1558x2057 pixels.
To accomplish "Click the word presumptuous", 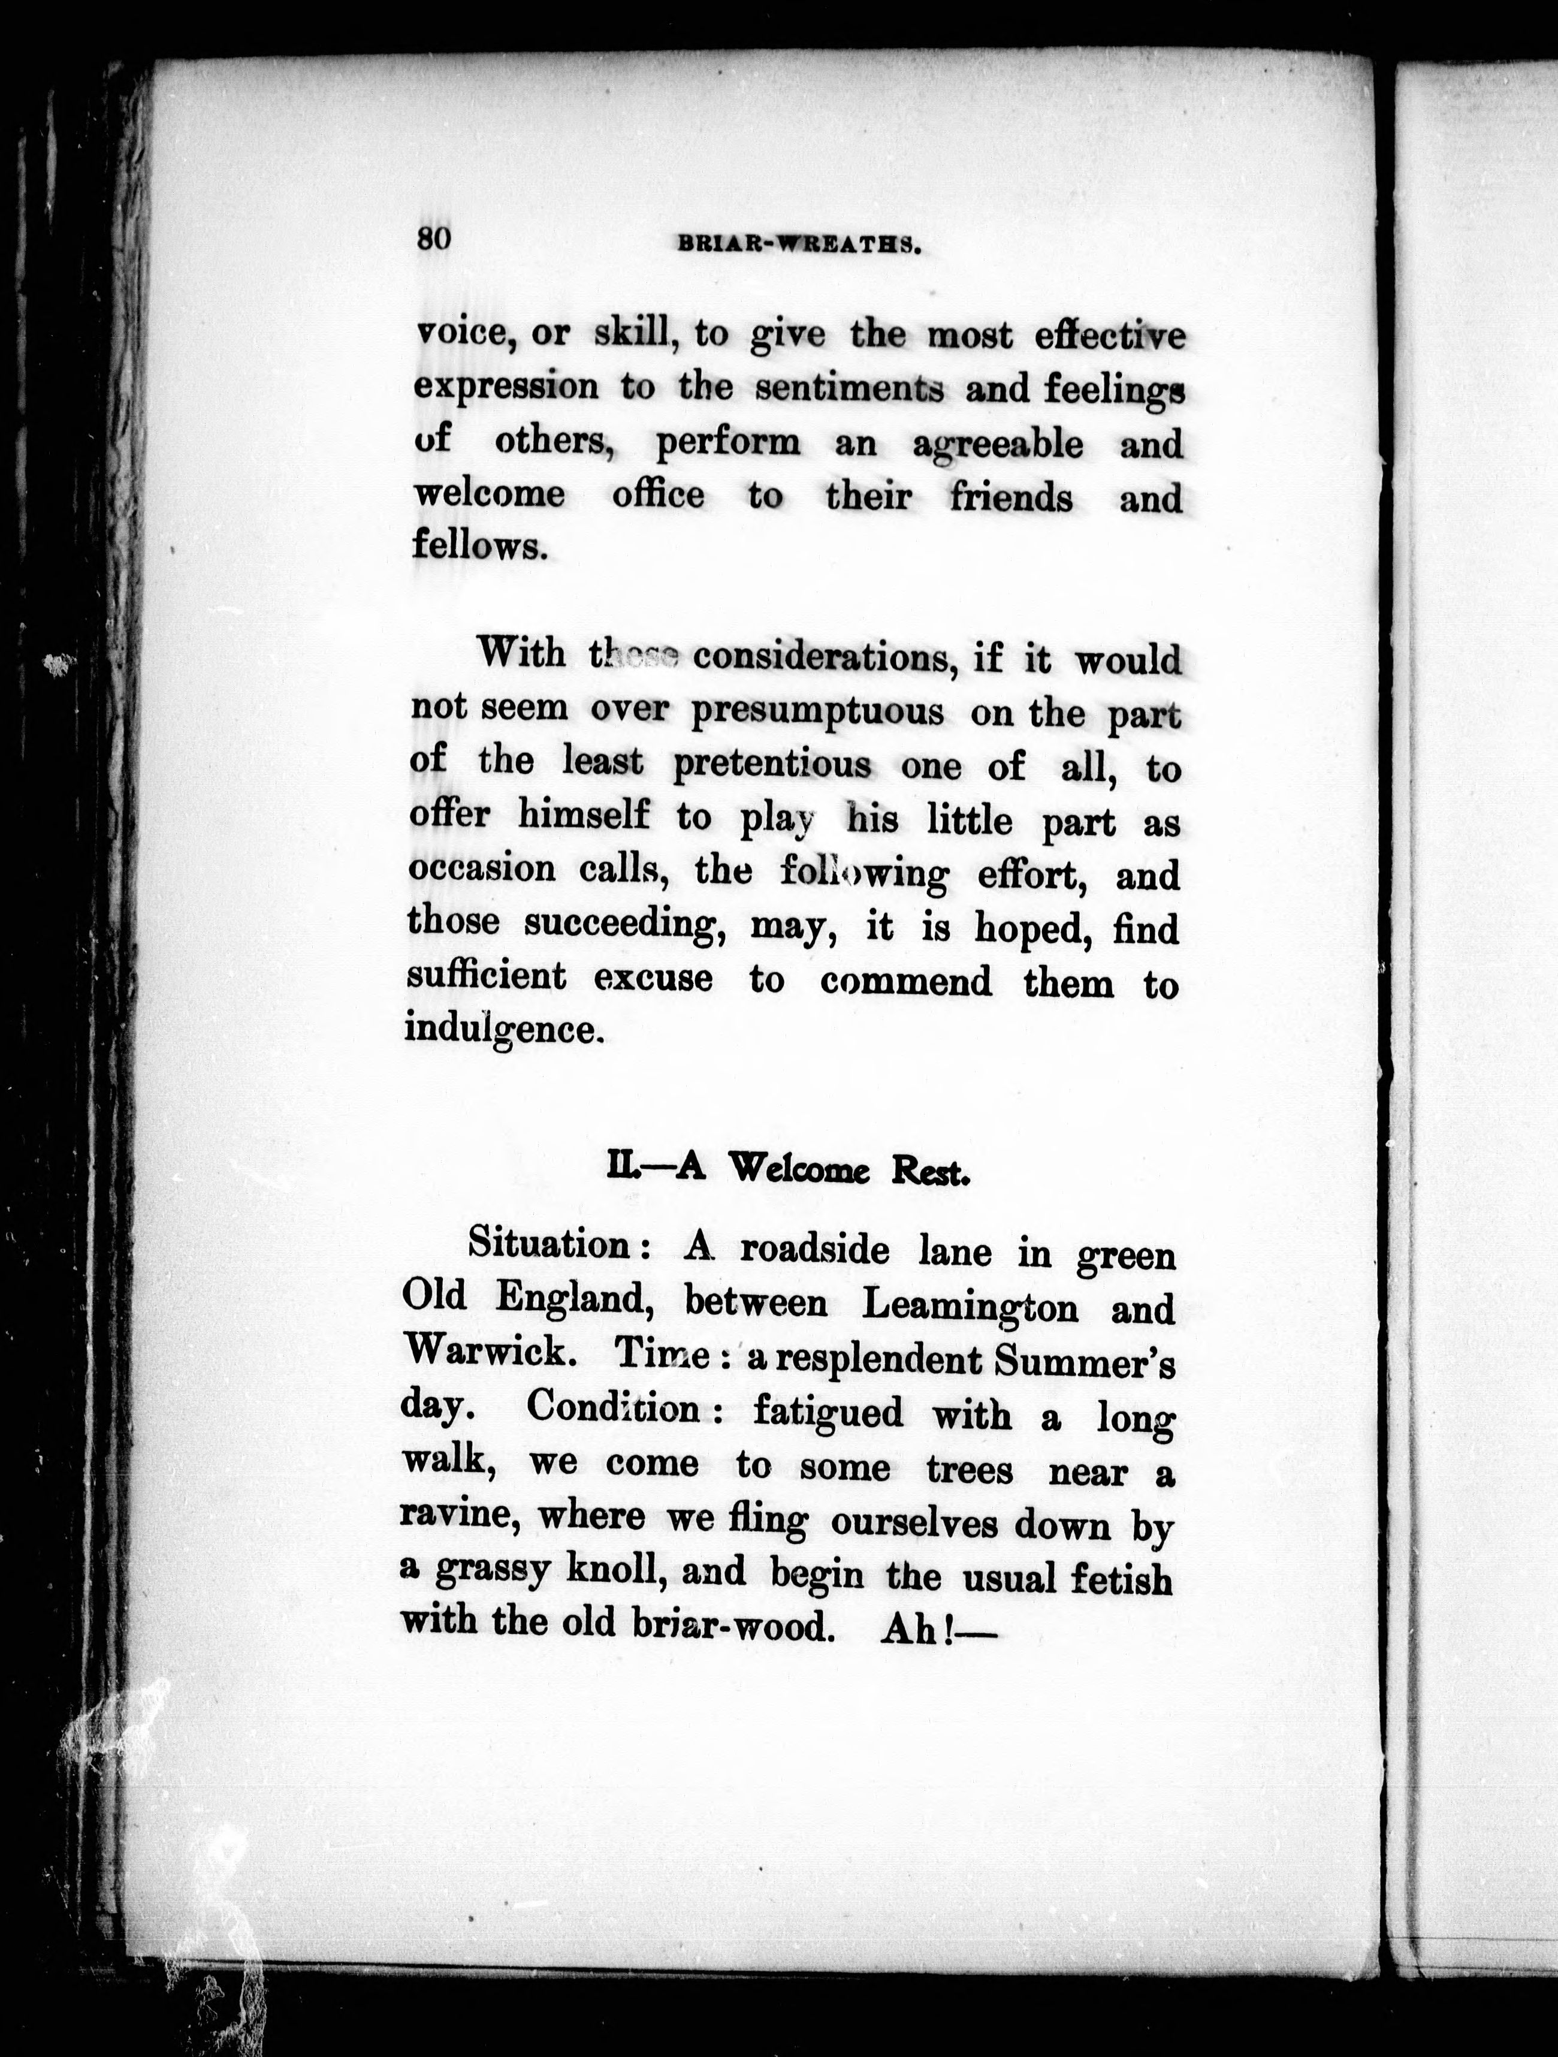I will [817, 712].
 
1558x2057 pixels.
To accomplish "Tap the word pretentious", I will [772, 764].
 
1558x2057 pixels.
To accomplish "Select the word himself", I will [583, 816].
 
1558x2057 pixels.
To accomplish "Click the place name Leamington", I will [971, 1307].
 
